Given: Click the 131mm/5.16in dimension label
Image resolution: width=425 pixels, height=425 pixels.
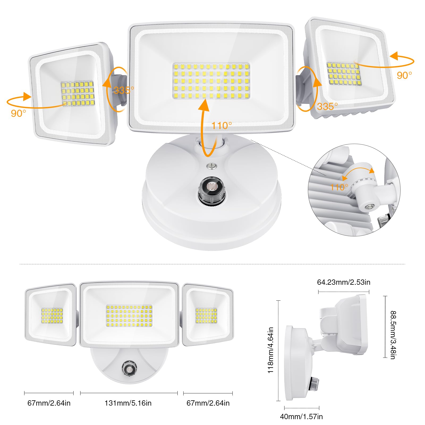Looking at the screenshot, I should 128,403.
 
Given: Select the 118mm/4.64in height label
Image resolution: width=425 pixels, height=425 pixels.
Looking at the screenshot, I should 270,350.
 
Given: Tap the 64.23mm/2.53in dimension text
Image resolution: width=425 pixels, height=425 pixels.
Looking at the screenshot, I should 343,282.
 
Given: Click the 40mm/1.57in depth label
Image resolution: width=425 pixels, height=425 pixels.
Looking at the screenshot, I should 301,416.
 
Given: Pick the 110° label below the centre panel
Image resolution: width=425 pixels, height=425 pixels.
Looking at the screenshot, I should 222,125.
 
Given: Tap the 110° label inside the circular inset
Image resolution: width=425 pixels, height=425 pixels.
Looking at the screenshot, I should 339,187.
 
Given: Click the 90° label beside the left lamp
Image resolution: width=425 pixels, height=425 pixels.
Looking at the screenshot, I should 18,113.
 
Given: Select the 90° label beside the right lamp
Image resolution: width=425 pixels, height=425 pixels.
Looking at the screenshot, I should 404,75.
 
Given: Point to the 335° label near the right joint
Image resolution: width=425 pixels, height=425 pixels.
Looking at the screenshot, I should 327,107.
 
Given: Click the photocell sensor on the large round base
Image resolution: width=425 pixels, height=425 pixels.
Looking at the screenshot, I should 211,188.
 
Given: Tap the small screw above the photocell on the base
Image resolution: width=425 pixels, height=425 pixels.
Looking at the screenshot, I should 211,166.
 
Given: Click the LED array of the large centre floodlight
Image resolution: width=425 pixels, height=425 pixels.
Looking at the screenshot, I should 211,81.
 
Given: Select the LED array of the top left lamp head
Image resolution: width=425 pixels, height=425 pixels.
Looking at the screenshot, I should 78,93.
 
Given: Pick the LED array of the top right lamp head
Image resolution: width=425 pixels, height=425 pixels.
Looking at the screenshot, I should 344,74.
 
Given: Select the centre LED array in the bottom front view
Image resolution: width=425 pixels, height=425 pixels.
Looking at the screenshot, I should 129,316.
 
